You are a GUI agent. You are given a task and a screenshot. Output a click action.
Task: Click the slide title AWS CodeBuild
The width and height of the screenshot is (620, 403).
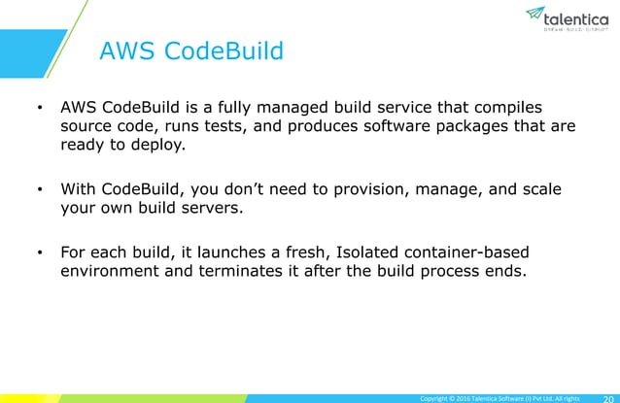(x=190, y=50)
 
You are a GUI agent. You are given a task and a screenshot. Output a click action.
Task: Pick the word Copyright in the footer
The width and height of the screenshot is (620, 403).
(x=435, y=397)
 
